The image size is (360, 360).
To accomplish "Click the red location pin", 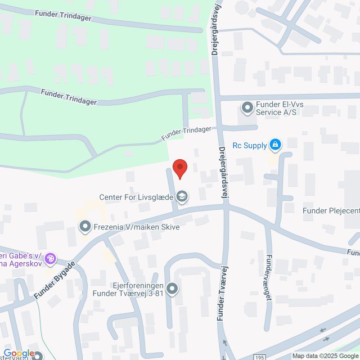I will pos(179,168).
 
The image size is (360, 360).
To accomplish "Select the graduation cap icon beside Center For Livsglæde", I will pos(182,197).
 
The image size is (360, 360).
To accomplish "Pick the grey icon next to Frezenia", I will pos(85,227).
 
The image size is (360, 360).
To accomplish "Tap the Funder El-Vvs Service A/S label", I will pos(276,108).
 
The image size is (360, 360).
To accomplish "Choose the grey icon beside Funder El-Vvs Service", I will pos(247,107).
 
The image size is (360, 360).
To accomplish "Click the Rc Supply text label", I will pos(249,146).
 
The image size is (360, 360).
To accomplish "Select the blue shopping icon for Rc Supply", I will pos(275,145).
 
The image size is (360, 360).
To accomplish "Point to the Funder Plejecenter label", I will pos(331,211).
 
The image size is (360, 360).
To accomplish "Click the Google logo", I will pos(19,353).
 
